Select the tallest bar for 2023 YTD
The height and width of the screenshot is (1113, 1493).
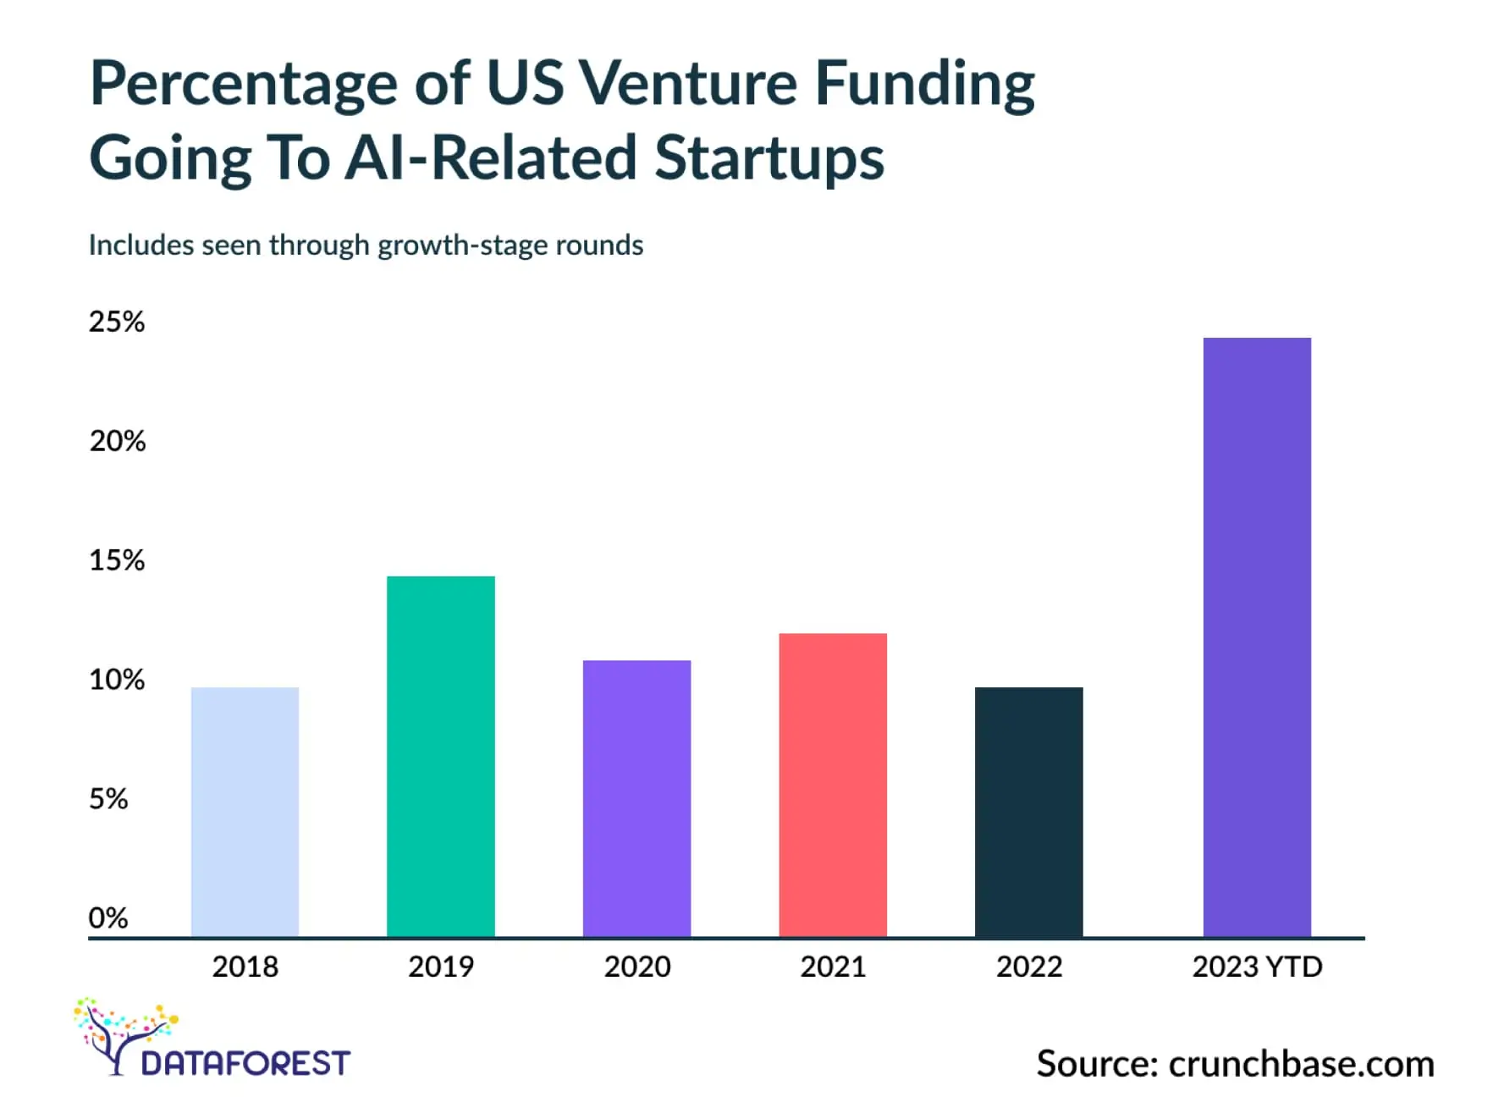tap(1257, 636)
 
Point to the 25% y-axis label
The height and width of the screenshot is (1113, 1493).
tap(117, 322)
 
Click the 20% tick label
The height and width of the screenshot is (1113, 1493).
tap(118, 441)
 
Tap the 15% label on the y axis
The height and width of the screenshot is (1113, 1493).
tap(117, 560)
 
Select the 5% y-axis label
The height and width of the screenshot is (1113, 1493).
tap(108, 798)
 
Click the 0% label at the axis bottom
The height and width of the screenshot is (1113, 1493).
tap(108, 917)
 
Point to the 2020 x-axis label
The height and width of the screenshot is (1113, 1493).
tap(636, 967)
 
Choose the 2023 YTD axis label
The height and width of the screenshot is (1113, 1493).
tap(1257, 967)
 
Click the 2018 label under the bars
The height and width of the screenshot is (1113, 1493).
tap(245, 967)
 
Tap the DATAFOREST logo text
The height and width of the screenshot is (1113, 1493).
tap(245, 1063)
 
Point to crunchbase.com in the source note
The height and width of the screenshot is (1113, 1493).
tap(1301, 1064)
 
